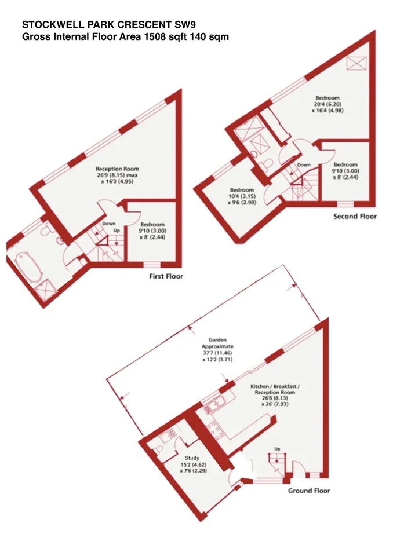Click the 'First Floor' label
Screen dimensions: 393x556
coord(166,276)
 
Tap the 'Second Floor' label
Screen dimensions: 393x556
coord(355,216)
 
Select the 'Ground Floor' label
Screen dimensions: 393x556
coord(309,491)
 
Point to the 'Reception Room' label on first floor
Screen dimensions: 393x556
coord(117,169)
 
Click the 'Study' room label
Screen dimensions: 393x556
coord(192,458)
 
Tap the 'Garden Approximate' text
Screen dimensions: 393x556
coord(217,343)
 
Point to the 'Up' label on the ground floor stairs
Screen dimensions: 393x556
coord(277,449)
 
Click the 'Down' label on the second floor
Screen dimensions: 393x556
coord(304,165)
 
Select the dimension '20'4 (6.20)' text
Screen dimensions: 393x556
coord(327,104)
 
